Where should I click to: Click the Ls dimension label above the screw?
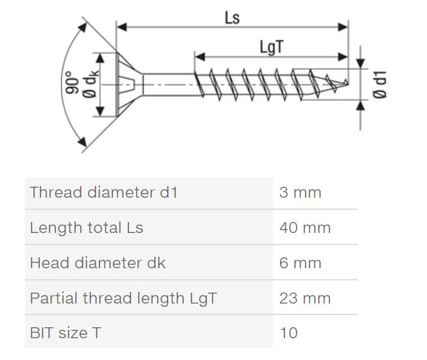(232, 18)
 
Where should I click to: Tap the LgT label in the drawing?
(272, 47)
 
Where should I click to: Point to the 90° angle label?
(72, 83)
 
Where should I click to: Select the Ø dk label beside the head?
(90, 83)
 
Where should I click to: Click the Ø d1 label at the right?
(379, 85)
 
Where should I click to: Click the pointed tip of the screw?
(347, 83)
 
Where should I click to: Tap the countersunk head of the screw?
(129, 84)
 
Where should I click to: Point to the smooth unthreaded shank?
(170, 85)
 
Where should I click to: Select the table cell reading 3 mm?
(300, 193)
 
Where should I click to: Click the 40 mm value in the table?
(305, 228)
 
